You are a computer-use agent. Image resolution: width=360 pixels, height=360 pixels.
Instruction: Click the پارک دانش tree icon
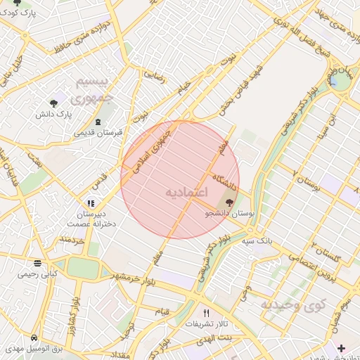click(x=53, y=100)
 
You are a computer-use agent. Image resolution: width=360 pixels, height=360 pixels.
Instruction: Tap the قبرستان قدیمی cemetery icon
click(x=98, y=122)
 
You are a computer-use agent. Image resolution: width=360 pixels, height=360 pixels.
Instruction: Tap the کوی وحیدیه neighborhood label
click(x=294, y=304)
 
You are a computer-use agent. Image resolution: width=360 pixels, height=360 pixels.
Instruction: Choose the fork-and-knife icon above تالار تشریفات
click(x=206, y=313)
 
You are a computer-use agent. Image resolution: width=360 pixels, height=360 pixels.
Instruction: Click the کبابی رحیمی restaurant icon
click(x=37, y=264)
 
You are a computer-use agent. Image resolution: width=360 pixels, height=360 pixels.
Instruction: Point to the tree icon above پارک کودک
click(x=17, y=3)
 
